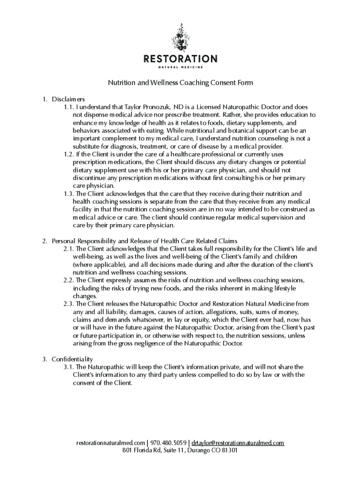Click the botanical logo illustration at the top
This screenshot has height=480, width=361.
point(180,37)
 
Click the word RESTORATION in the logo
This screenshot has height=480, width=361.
point(180,59)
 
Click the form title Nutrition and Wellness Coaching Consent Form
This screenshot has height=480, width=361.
point(180,83)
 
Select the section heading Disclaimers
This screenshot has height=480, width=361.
point(68,99)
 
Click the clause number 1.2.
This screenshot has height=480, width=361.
point(68,154)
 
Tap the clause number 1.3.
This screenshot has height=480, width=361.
point(68,194)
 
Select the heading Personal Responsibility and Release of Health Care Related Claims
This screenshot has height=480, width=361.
point(144,241)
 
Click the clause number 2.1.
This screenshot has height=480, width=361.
point(68,248)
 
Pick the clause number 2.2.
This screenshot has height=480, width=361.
point(68,280)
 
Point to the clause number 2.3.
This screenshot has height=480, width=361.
point(68,304)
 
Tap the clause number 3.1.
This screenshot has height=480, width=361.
point(68,367)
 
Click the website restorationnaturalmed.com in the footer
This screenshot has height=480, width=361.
point(111,442)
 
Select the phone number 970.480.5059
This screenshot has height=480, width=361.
point(169,442)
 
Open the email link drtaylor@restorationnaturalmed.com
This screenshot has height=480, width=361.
point(238,442)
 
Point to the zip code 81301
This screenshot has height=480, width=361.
point(229,450)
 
